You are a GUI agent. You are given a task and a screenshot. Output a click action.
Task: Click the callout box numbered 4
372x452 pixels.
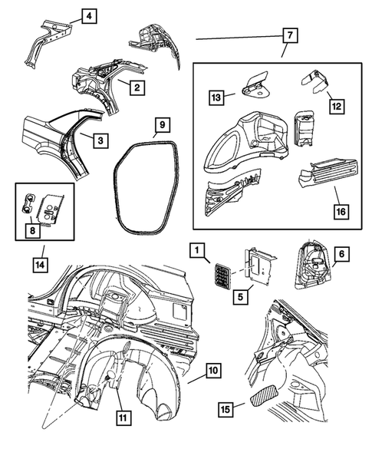tap(90, 15)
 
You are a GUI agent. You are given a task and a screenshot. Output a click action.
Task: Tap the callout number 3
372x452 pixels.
tap(100, 140)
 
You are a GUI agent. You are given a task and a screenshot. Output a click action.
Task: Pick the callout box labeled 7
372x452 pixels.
tap(288, 35)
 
